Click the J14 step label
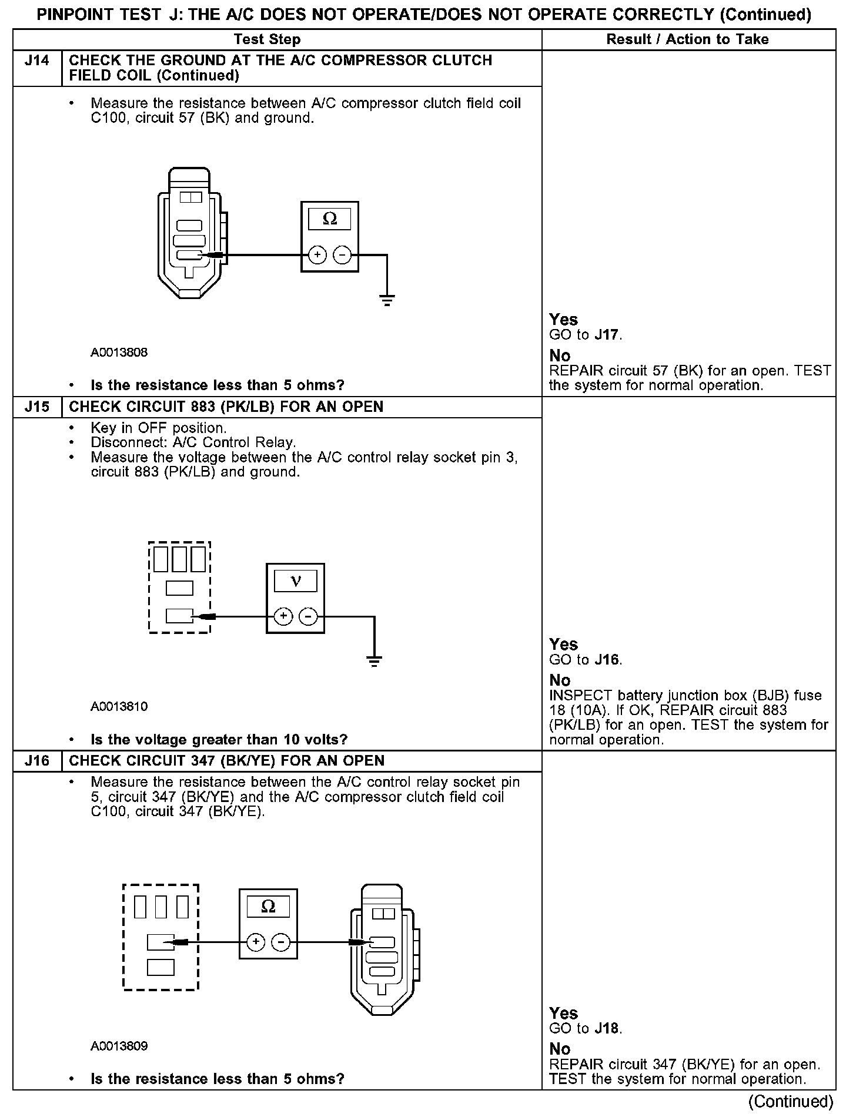pos(36,61)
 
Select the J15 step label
pos(36,407)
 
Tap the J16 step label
pos(36,761)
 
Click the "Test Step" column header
pos(267,39)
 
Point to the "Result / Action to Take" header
pos(687,39)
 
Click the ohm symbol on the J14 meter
pos(330,219)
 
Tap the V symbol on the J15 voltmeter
pos(296,581)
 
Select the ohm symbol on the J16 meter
pos(268,906)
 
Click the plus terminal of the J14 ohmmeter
pos(317,255)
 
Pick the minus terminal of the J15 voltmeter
pos(308,616)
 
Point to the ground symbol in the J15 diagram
pos(374,662)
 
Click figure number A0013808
pos(119,353)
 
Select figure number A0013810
pos(119,706)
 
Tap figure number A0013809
pos(119,1046)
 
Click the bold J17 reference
pos(607,335)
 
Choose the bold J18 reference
pos(607,1028)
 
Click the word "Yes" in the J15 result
pos(563,644)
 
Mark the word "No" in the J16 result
pos(560,1049)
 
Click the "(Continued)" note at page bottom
pos(791,1101)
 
